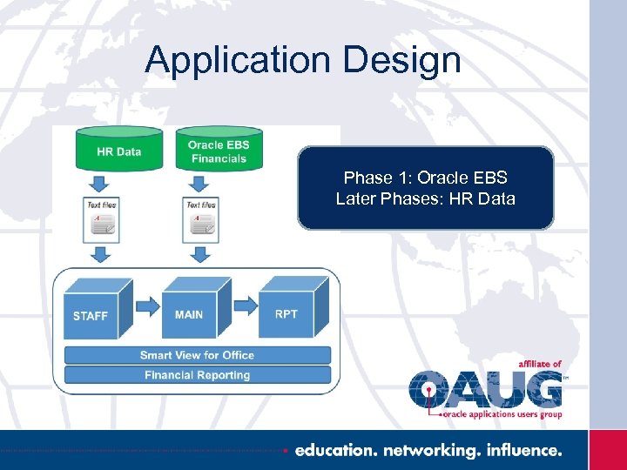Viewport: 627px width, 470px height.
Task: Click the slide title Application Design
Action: (303, 59)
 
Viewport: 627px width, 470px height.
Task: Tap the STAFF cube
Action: (96, 310)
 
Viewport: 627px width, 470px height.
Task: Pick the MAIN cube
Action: (194, 309)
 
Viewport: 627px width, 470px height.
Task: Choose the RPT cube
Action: (292, 308)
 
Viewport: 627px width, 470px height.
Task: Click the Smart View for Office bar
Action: (197, 355)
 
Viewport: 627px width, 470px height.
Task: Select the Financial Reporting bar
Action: (197, 375)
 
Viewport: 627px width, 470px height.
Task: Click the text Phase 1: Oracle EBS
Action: (425, 178)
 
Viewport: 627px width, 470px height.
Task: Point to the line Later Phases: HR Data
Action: (425, 198)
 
